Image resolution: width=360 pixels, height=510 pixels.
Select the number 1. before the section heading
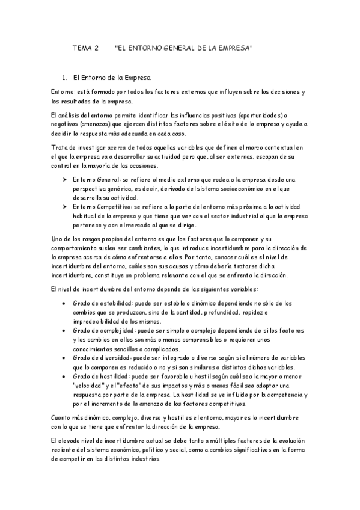[x=65, y=78]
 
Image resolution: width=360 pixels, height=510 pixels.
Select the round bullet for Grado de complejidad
[x=64, y=331]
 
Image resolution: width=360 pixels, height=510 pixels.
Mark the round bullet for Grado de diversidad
[x=64, y=358]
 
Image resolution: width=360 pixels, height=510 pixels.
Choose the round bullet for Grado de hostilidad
[x=64, y=376]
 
